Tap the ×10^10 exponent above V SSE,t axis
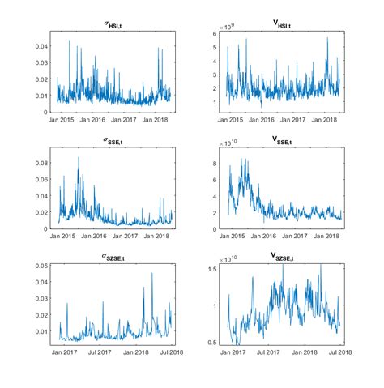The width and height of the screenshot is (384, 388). [x=230, y=143]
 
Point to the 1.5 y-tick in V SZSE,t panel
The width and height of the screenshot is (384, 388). [x=213, y=268]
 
